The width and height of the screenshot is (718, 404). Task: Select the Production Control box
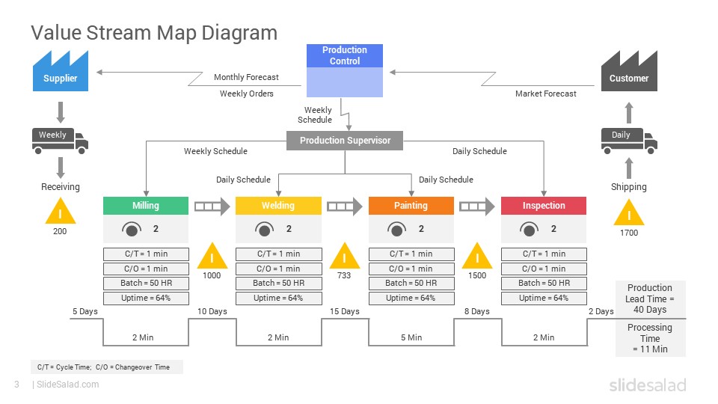tap(345, 70)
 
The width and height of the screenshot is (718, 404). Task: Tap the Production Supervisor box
tap(345, 141)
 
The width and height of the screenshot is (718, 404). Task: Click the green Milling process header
tap(146, 206)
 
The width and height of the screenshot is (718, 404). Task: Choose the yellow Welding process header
tap(278, 206)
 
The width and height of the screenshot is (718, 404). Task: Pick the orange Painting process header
tap(411, 206)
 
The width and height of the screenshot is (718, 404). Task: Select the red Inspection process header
tap(544, 206)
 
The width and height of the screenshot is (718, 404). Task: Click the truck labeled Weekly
tap(60, 141)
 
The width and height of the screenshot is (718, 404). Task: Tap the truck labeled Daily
tap(629, 141)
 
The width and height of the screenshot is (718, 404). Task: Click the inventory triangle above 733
tap(344, 256)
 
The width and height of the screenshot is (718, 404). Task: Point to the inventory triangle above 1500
tap(477, 256)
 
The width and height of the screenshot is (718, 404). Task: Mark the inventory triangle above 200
tap(60, 211)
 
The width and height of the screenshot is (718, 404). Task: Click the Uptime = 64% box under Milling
tap(146, 299)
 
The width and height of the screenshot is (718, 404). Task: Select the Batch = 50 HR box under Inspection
tap(544, 284)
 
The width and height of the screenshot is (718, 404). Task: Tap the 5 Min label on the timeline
tap(411, 337)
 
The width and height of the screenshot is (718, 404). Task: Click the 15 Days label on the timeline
tap(344, 311)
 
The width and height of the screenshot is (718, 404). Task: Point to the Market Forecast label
tap(546, 94)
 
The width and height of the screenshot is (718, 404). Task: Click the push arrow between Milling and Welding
tap(212, 206)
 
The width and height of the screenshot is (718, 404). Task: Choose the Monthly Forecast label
tap(246, 77)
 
